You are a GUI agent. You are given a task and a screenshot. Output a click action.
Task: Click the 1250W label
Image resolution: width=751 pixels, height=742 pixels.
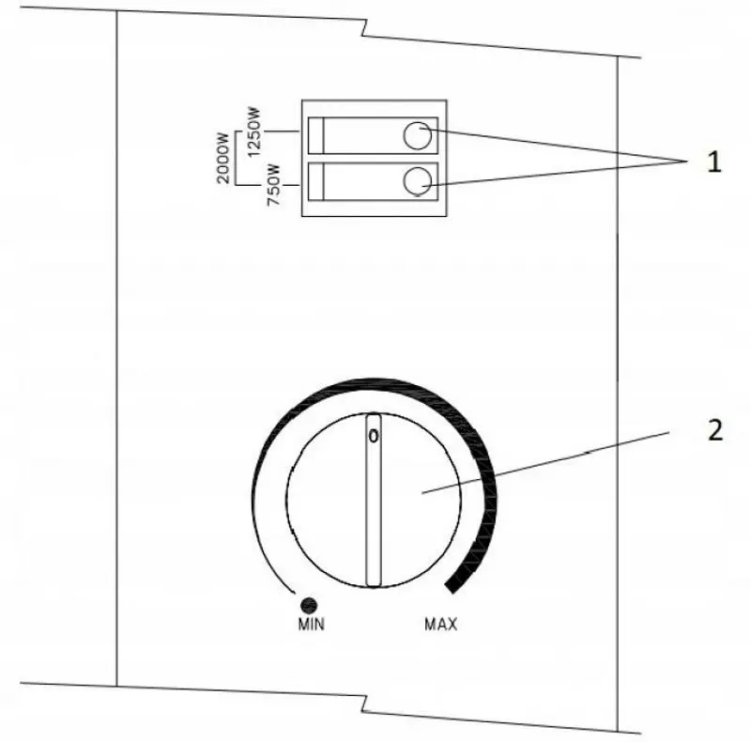pos(253,131)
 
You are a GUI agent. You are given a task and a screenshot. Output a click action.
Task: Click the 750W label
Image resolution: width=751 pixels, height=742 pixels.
pos(273,185)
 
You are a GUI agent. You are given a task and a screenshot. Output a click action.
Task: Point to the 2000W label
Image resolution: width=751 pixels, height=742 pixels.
pos(223,158)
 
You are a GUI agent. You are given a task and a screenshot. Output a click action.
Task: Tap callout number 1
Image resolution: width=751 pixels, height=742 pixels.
pos(713,162)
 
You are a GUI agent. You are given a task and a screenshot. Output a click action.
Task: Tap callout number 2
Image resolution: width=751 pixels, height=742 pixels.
pos(715,429)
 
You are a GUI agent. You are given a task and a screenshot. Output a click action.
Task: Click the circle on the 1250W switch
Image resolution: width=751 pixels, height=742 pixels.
pos(418,135)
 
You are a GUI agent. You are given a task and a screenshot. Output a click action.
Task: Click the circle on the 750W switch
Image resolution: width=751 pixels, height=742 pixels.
pos(418,181)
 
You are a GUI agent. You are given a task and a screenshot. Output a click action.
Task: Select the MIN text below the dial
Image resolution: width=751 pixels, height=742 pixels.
pos(312,624)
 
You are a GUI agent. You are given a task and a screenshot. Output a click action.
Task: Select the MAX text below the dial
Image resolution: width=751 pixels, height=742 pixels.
pos(440,624)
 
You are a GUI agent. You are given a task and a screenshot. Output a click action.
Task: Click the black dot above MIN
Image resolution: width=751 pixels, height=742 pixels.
pos(309,605)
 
